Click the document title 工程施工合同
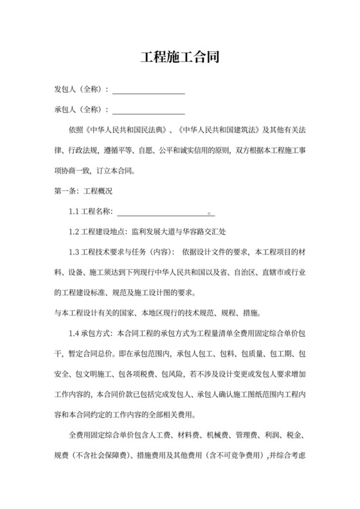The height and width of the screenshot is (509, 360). click(180, 57)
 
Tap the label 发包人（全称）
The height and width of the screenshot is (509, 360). click(82, 89)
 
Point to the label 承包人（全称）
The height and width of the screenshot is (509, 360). click(82, 109)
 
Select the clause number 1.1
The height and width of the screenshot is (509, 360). click(75, 211)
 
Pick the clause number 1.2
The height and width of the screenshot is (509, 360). click(75, 231)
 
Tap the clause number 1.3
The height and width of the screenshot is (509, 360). click(75, 251)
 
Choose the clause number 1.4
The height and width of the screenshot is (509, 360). click(75, 334)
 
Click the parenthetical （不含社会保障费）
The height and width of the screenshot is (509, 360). click(98, 456)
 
